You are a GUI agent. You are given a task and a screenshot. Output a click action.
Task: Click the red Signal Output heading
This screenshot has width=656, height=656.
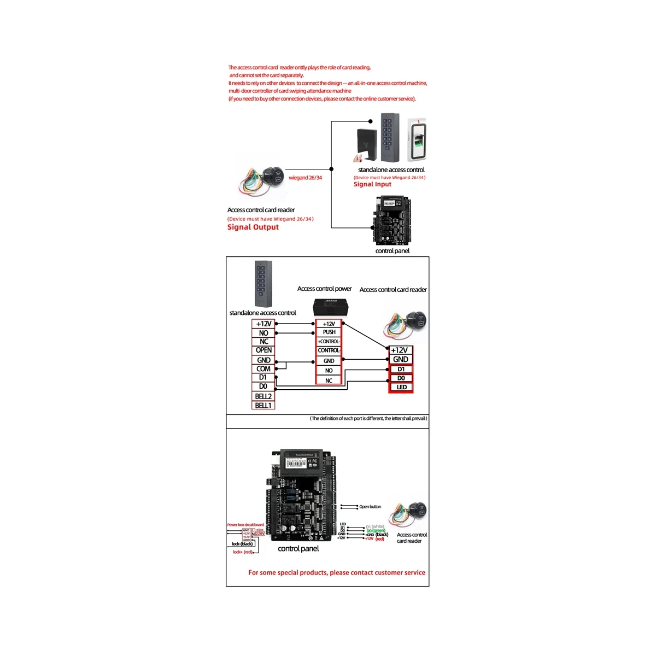253,227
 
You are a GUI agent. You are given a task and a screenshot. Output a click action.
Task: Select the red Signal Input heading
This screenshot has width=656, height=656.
372,184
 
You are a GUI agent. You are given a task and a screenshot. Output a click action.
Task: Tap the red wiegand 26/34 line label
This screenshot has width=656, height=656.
305,178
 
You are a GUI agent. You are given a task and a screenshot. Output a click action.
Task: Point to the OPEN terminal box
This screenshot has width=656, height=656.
263,350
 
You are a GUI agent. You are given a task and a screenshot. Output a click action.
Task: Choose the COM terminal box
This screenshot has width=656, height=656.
263,369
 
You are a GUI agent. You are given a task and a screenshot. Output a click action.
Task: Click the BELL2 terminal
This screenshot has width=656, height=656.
263,396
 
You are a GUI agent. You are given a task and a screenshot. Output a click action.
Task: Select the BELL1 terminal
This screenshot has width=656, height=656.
263,406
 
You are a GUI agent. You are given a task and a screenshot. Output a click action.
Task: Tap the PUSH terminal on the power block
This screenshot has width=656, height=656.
329,332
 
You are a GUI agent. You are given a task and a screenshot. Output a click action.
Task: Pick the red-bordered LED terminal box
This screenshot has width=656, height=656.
401,387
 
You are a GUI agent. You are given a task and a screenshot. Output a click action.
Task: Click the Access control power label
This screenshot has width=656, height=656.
324,289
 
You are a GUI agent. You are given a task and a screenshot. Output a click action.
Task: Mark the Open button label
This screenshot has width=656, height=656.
370,507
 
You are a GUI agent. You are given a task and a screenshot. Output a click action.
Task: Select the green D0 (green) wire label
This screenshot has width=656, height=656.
376,531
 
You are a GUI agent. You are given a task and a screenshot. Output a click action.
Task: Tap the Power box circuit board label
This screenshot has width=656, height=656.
245,525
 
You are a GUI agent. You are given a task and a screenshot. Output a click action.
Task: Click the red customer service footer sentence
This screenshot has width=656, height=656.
337,572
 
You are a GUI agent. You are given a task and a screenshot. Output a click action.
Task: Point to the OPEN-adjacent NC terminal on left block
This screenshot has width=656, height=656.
263,342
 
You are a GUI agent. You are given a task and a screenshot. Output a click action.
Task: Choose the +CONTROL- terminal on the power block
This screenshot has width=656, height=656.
329,342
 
